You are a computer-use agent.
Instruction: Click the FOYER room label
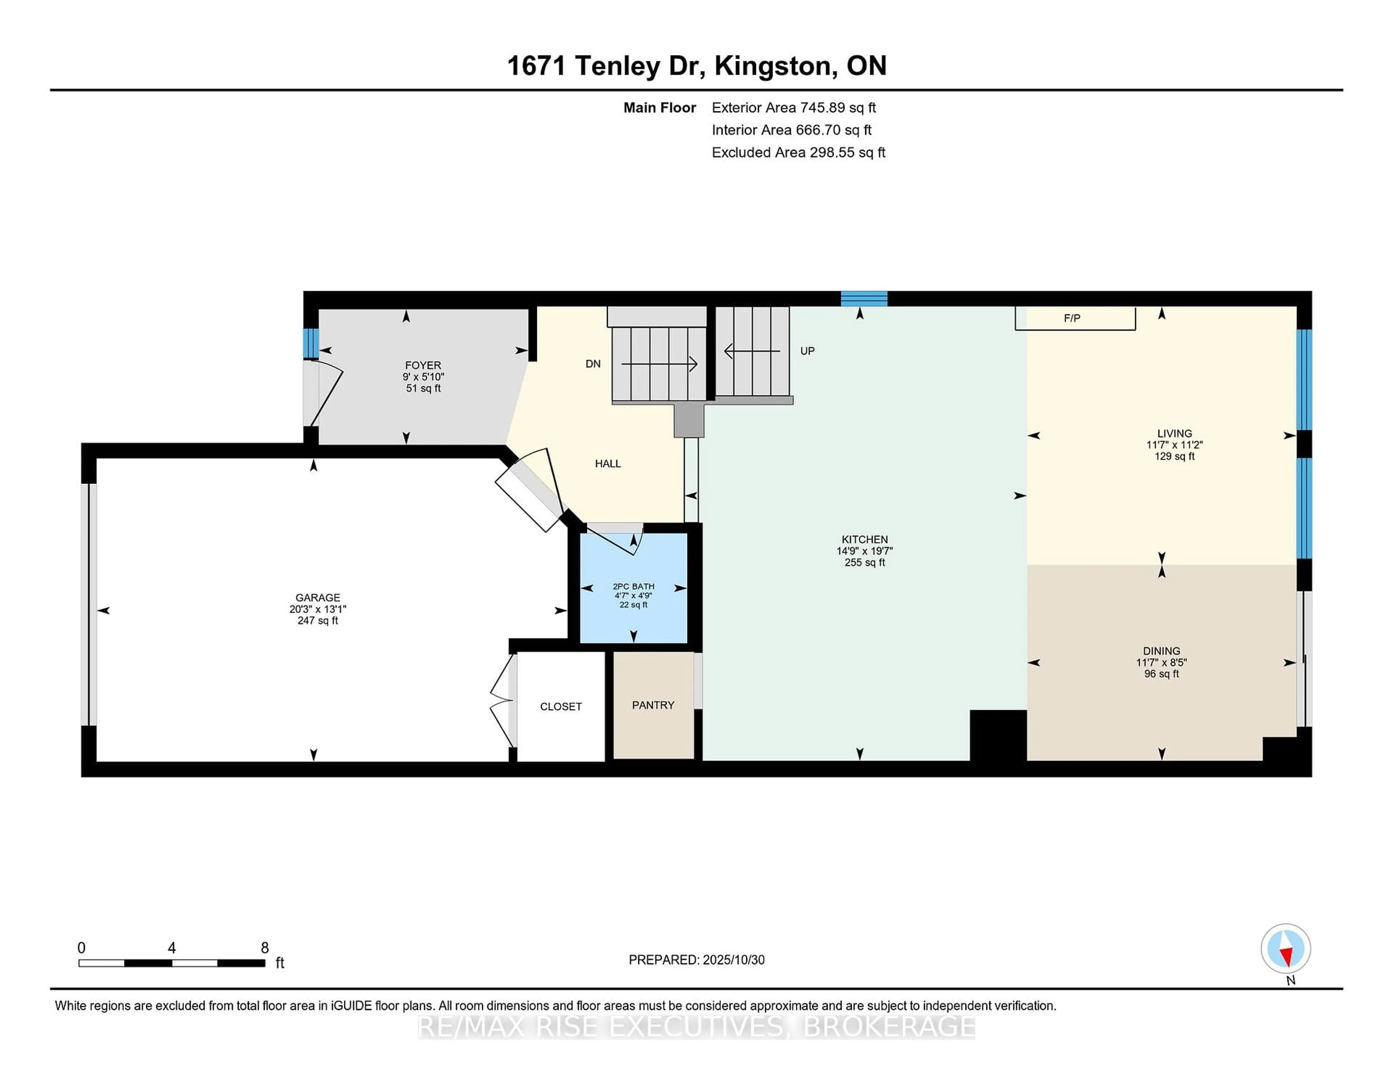point(423,365)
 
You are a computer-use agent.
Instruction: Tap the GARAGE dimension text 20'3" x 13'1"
point(318,609)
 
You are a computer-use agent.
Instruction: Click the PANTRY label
point(653,705)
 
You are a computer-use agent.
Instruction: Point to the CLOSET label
point(560,706)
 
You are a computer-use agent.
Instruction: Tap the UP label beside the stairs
point(808,351)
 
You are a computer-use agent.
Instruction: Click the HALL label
point(608,463)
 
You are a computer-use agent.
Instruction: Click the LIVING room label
point(1174,434)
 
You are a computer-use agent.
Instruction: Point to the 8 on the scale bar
point(265,948)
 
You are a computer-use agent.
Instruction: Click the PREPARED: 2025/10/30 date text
point(696,959)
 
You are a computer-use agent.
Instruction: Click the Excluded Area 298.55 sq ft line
point(798,152)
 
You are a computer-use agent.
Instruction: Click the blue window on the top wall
point(864,298)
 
